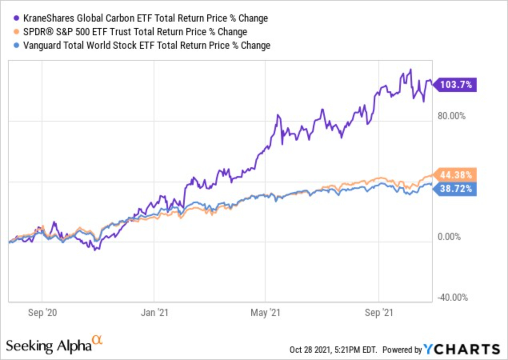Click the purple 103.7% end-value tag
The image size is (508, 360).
point(456,85)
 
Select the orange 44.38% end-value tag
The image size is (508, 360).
point(456,175)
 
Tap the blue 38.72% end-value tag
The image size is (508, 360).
point(456,188)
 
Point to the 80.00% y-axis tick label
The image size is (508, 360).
point(452,116)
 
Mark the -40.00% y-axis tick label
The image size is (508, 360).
point(452,298)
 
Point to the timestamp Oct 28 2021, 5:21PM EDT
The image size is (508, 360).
point(333,349)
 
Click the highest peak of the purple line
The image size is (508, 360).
point(410,70)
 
